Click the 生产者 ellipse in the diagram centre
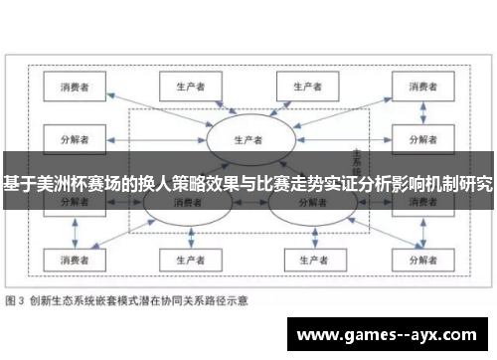[248, 138]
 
